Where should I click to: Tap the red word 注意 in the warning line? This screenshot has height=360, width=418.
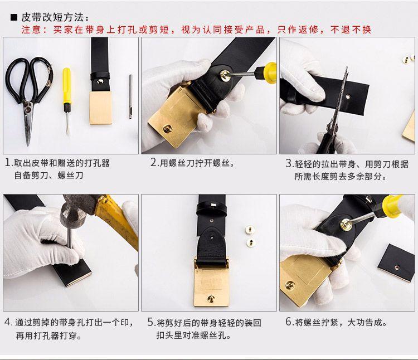pyautogui.click(x=31, y=30)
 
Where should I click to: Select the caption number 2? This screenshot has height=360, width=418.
pyautogui.click(x=154, y=163)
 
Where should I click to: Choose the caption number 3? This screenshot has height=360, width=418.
pyautogui.click(x=289, y=163)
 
